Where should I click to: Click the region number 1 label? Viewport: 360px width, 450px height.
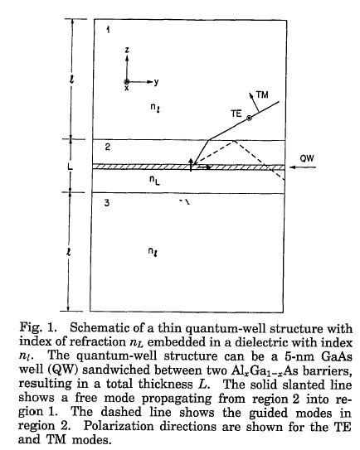[x=108, y=29]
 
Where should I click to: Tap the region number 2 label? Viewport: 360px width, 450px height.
[x=108, y=147]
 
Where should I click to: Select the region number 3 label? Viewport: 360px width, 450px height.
[x=107, y=203]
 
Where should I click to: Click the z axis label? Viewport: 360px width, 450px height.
[x=127, y=50]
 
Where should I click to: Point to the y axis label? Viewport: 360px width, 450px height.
[x=156, y=82]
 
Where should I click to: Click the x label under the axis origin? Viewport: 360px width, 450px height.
[x=126, y=88]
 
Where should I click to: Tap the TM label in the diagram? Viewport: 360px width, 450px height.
[x=262, y=94]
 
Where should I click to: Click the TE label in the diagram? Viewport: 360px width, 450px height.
[x=236, y=114]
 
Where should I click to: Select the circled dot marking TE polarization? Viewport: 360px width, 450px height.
[x=249, y=118]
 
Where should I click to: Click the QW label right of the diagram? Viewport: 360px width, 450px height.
[x=307, y=158]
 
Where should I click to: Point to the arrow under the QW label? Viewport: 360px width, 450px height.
[x=303, y=167]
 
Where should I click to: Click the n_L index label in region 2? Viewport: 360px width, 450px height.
[x=154, y=180]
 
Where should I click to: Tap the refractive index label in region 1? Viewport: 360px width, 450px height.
[x=154, y=108]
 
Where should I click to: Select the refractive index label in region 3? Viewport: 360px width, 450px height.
[x=153, y=251]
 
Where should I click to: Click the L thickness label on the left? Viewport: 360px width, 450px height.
[x=70, y=167]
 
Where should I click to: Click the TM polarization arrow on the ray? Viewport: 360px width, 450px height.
[x=254, y=102]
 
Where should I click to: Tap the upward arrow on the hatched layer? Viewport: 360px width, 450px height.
[x=191, y=164]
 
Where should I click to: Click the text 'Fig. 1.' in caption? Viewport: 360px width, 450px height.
[x=38, y=327]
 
